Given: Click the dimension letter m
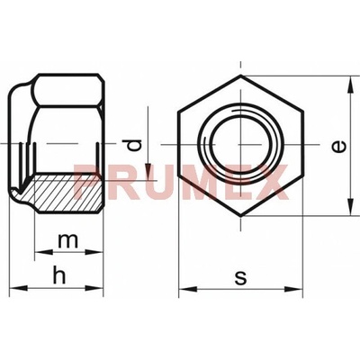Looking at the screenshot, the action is click(x=68, y=241).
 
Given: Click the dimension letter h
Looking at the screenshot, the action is click(x=59, y=275).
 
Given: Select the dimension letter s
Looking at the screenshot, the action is click(x=241, y=278).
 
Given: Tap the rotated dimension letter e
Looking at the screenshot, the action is click(x=339, y=147).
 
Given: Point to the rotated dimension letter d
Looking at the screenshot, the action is click(x=133, y=146).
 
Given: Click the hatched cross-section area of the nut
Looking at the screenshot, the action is click(x=65, y=193).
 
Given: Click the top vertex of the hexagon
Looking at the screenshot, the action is click(x=241, y=75).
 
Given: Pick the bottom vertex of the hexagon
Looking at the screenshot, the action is click(x=241, y=216).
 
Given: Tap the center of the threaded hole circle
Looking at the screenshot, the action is click(x=241, y=145).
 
